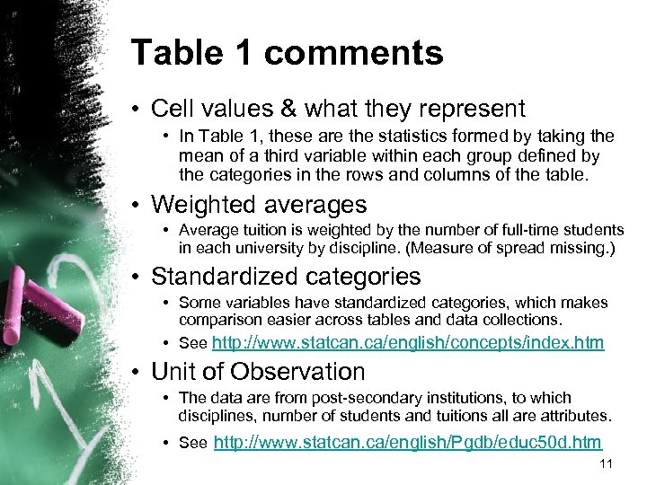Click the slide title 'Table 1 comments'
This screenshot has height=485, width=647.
click(287, 53)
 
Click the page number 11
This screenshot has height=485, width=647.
click(605, 463)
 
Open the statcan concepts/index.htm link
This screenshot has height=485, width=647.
click(408, 343)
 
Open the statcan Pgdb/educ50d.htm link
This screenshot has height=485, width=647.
click(408, 442)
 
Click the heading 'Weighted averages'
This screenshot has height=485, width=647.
click(259, 205)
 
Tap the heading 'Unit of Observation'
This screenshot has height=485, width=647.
click(258, 371)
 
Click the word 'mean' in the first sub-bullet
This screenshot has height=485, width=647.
click(198, 155)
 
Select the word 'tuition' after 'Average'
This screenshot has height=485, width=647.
click(263, 231)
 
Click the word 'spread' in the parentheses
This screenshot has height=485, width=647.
click(529, 248)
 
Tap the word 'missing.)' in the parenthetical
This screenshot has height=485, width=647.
click(584, 248)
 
